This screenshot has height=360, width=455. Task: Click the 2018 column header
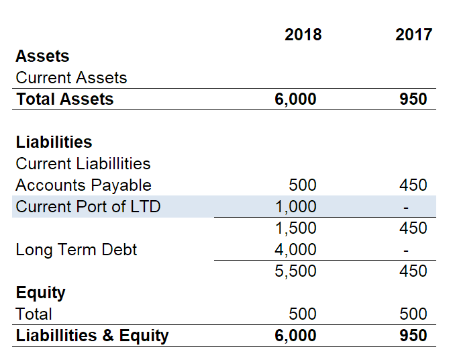tap(303, 35)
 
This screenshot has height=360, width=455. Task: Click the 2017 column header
tap(413, 35)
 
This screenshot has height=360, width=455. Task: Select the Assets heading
tap(42, 56)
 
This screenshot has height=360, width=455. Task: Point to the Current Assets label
tap(71, 77)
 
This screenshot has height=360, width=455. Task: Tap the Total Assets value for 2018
tap(295, 99)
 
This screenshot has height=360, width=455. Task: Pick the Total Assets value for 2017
tap(413, 99)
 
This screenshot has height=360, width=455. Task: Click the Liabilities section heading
tap(54, 142)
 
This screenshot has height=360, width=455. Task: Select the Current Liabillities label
tap(83, 163)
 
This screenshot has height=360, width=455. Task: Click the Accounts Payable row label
tap(83, 185)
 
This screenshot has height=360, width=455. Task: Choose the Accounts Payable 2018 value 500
tap(302, 185)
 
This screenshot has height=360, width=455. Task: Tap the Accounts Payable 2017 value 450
tap(413, 185)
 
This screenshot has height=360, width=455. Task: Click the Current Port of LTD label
tap(88, 206)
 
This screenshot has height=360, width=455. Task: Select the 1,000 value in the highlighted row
tap(296, 206)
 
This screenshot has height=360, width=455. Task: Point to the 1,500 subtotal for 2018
tap(296, 228)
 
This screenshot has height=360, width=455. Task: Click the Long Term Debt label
tap(76, 250)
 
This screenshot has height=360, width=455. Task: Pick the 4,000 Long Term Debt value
tap(296, 250)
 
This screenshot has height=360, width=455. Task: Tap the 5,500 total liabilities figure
tap(296, 271)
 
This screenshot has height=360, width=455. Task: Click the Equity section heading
tap(40, 292)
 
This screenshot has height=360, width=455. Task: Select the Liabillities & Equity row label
tap(92, 335)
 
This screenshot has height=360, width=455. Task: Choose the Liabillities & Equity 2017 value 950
tap(413, 335)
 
